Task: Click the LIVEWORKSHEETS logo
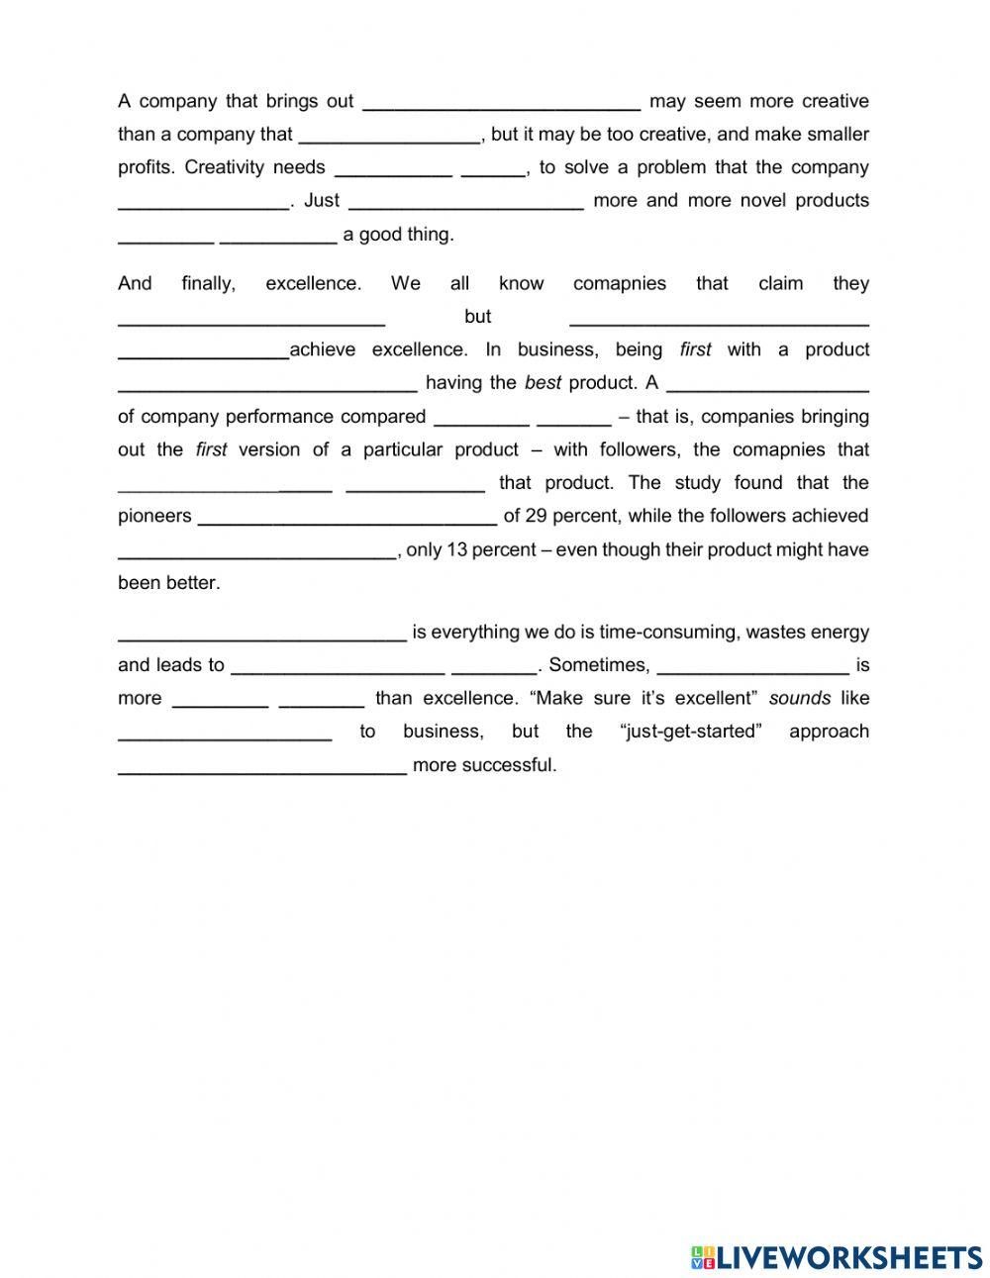click(837, 1257)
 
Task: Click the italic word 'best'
click(543, 383)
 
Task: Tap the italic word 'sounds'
click(799, 698)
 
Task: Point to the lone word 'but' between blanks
click(477, 317)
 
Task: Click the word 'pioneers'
click(154, 516)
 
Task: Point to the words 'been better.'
click(168, 583)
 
